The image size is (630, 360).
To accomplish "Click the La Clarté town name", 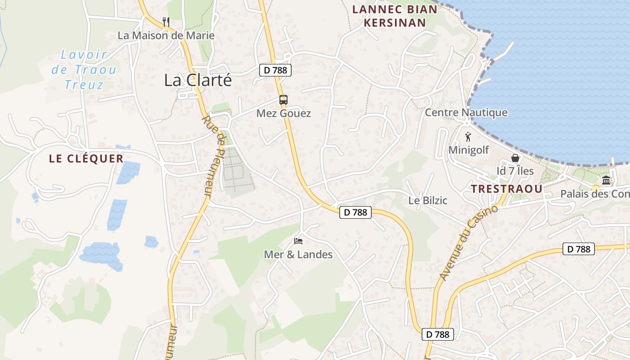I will (x=198, y=80).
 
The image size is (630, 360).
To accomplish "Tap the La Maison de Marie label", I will (x=166, y=36).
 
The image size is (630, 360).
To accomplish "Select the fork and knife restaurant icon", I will (x=166, y=21).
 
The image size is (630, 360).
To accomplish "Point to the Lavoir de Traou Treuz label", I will (x=84, y=70).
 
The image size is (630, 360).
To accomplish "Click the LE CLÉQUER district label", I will (x=86, y=159).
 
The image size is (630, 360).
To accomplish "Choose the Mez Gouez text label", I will (x=283, y=113).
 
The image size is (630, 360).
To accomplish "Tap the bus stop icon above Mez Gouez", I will (x=283, y=100).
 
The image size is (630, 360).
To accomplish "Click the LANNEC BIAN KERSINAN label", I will (x=395, y=16).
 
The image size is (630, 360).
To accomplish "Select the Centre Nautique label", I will (x=466, y=112).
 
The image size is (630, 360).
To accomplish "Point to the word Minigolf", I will (x=468, y=150).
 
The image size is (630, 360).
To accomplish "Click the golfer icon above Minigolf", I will (x=468, y=137).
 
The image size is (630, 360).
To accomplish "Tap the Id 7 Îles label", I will (x=515, y=171).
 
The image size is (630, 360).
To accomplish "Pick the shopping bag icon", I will (x=515, y=158).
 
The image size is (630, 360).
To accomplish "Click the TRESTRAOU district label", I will (x=507, y=189).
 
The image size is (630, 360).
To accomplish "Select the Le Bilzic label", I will (x=427, y=201).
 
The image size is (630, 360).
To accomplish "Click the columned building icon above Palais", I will (x=606, y=180).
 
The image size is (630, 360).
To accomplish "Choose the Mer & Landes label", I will (x=298, y=255).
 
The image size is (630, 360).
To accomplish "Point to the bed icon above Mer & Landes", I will (x=298, y=241).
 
